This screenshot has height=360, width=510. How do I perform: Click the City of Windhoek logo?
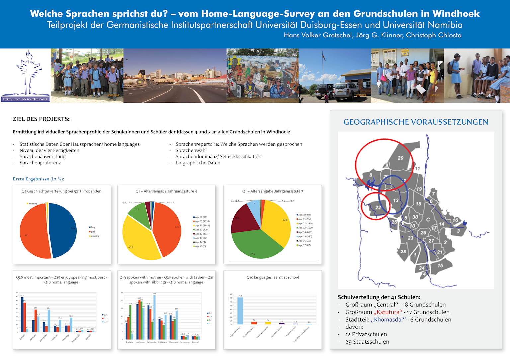coord(26,76)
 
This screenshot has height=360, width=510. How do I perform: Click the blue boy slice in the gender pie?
coord(63,231)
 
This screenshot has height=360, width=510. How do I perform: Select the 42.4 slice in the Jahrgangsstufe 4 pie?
coord(168,229)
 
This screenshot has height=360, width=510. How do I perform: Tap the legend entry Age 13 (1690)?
coord(305,228)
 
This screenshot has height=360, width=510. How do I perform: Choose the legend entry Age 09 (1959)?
coord(202,221)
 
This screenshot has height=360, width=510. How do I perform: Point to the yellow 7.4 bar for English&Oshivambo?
coord(268,323)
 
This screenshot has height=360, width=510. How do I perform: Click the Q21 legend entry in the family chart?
coord(210,320)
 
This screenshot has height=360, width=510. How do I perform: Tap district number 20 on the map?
coord(401,158)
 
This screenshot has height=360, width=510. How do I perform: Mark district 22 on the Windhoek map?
coord(378,208)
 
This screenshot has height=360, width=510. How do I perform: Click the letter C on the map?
coord(428,219)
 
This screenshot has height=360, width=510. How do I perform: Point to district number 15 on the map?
coord(440,265)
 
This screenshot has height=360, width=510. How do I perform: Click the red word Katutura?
coord(388,312)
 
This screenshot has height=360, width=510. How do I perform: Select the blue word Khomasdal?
coord(388,320)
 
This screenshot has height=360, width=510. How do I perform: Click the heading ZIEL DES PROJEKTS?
coord(41,119)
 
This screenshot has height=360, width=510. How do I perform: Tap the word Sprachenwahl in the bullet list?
coord(191,150)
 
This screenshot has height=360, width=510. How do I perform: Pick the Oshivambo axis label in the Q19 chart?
coord(151,342)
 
